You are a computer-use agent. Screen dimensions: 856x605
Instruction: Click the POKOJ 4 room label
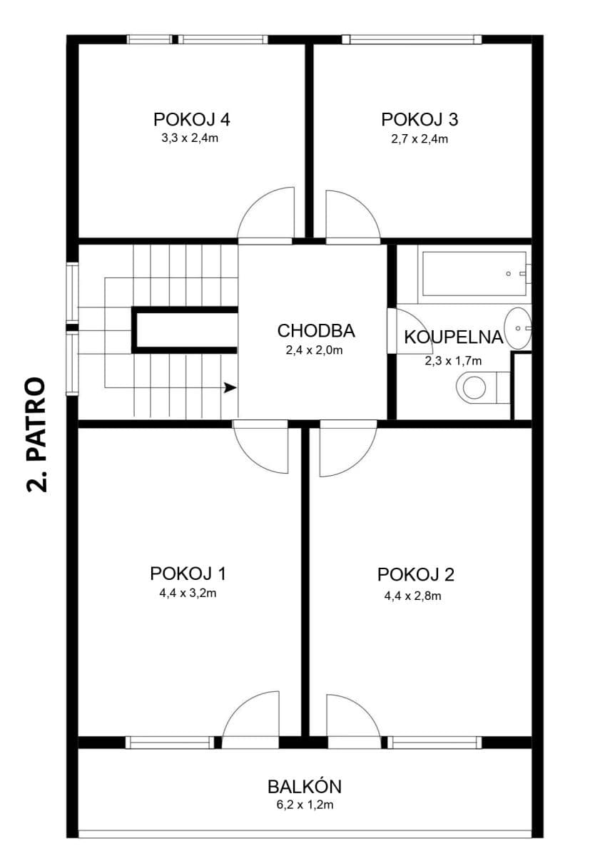[x=191, y=119]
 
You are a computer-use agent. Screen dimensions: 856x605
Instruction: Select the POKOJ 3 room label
[x=419, y=119]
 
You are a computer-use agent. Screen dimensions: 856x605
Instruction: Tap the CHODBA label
[x=315, y=331]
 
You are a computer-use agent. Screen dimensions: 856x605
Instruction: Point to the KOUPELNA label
[x=454, y=337]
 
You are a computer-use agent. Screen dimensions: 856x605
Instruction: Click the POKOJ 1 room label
[x=188, y=574]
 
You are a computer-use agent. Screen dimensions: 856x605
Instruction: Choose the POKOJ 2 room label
[x=416, y=574]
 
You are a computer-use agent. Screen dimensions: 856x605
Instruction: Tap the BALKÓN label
[x=305, y=787]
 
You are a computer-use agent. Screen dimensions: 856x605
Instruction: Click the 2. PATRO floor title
[x=36, y=435]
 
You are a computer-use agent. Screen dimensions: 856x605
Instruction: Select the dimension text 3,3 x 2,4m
[x=190, y=138]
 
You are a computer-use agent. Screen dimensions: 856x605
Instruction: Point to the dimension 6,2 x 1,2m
[x=305, y=805]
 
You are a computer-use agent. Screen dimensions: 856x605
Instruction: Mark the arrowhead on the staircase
[x=230, y=388]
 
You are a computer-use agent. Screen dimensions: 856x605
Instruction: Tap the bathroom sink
[x=518, y=327]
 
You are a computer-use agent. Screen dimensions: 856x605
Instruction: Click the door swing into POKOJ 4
[x=266, y=214]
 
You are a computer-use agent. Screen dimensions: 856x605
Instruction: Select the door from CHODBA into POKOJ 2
[x=347, y=449]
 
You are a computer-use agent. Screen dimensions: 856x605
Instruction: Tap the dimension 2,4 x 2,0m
[x=315, y=350]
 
